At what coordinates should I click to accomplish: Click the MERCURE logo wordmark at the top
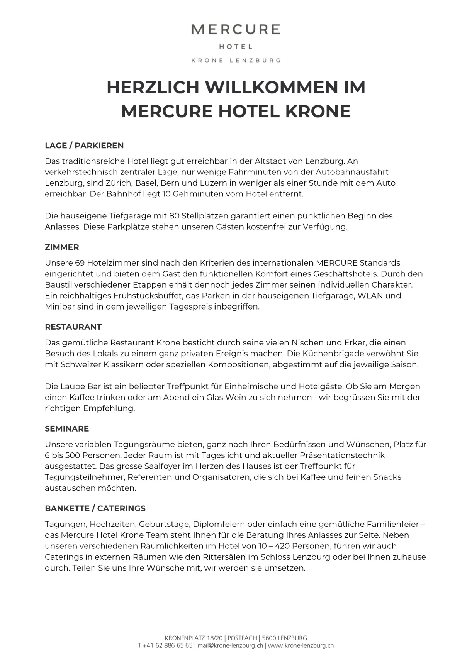click(236, 29)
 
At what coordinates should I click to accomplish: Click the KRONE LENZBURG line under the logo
click(236, 60)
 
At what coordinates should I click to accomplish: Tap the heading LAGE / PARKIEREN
click(84, 146)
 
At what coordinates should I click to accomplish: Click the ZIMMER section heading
click(62, 247)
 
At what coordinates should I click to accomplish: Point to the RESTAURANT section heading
click(73, 327)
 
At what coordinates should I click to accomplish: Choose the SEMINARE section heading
click(67, 429)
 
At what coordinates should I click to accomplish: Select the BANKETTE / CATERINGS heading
click(95, 508)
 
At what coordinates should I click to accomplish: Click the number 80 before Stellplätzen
click(174, 216)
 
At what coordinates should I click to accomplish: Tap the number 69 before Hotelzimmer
click(80, 263)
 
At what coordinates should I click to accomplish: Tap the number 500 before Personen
click(73, 455)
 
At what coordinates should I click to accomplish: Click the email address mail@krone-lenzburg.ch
click(231, 645)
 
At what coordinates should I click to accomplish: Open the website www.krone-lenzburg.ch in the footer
click(301, 645)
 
